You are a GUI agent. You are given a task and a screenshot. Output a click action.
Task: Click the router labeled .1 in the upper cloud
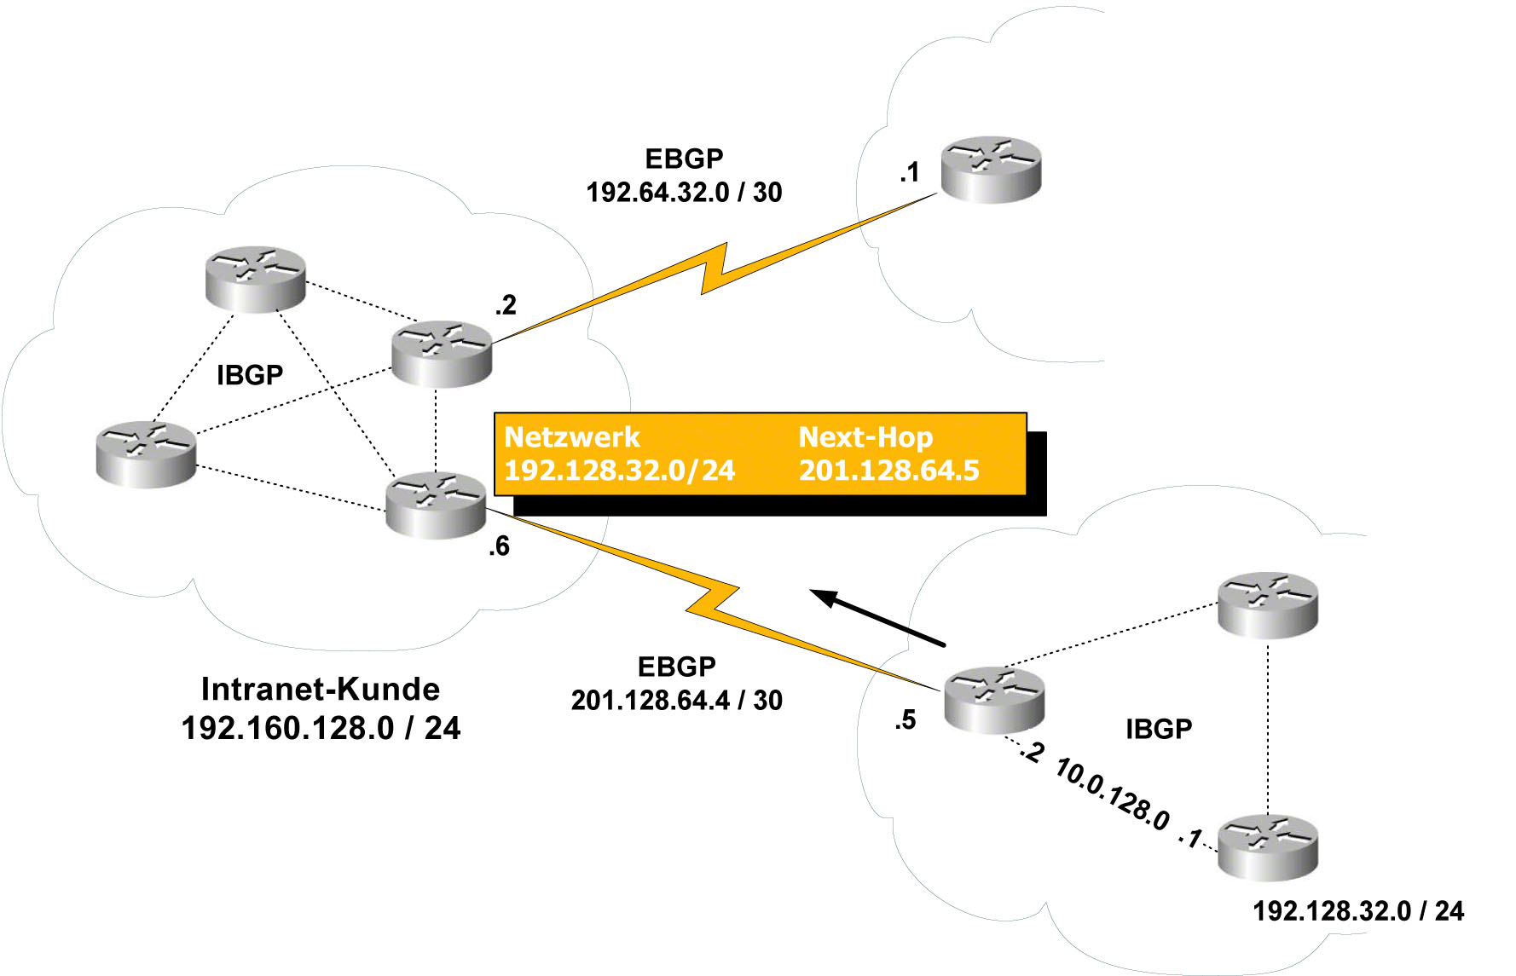click(x=991, y=170)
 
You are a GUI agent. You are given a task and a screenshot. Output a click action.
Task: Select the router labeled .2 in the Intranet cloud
click(x=442, y=354)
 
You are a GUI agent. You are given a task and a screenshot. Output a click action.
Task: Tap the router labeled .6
click(x=436, y=505)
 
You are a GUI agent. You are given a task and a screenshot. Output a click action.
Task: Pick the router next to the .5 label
click(x=994, y=700)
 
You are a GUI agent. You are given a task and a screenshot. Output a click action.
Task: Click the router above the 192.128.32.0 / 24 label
click(x=1268, y=848)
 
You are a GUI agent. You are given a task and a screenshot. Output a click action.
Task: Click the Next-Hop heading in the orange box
click(x=865, y=437)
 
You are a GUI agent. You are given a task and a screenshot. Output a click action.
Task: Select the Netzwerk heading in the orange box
click(x=571, y=437)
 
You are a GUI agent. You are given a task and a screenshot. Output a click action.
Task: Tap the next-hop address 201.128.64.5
click(x=888, y=471)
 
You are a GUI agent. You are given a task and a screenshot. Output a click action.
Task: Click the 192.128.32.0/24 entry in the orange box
click(x=620, y=471)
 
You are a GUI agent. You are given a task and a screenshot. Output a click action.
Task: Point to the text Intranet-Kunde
click(x=321, y=689)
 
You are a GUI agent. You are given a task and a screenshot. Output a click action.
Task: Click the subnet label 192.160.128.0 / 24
click(x=321, y=728)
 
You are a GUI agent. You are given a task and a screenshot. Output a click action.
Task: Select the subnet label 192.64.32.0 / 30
click(x=684, y=193)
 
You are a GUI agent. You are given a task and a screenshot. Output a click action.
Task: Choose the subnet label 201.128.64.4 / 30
click(x=677, y=701)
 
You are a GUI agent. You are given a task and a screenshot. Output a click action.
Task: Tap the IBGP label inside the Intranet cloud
click(x=250, y=375)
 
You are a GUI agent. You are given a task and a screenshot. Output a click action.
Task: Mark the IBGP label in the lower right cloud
click(x=1159, y=729)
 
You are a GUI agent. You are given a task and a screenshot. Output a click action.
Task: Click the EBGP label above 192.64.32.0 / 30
click(x=684, y=159)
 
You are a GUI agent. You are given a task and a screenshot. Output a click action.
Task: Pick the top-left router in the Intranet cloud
click(x=256, y=279)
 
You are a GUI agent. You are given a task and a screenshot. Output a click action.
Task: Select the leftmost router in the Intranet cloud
click(x=146, y=454)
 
